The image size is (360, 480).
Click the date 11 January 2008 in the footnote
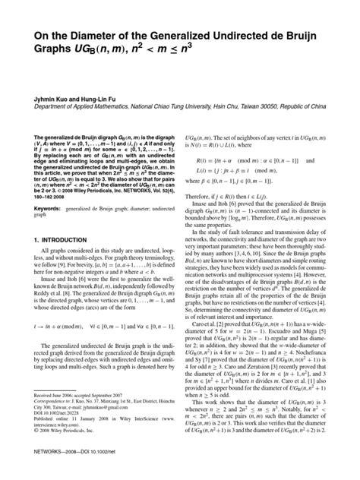coord(84,441)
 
